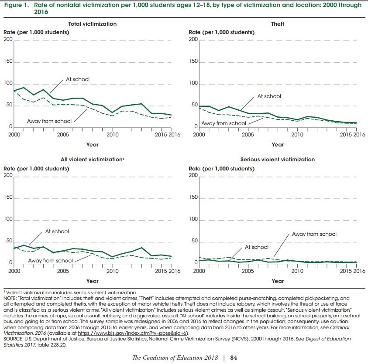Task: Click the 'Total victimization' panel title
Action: pos(92,24)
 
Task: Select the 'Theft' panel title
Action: pos(277,24)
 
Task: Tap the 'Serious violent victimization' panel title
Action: pos(277,160)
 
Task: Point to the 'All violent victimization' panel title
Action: pos(92,160)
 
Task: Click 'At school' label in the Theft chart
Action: pos(269,96)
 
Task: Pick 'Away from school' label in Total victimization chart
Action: pos(49,121)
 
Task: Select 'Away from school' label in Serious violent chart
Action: pos(314,234)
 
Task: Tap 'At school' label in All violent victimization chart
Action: pos(57,231)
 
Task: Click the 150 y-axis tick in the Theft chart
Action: pos(193,61)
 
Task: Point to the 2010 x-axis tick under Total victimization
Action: pos(112,135)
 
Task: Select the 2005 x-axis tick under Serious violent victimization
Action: pos(248,271)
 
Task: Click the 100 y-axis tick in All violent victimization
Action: pos(8,219)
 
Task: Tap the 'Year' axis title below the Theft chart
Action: pos(278,145)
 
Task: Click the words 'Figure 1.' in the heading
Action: pos(17,5)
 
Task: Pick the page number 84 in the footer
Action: pos(234,357)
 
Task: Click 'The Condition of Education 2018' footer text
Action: pos(175,357)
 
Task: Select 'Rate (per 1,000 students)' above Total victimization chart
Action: pos(36,32)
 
